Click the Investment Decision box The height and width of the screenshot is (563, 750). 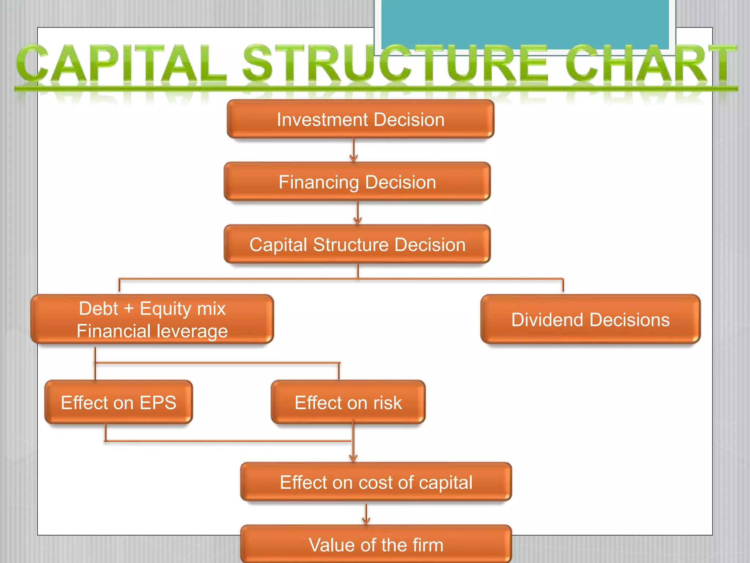click(x=360, y=119)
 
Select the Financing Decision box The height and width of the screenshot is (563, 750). click(x=357, y=182)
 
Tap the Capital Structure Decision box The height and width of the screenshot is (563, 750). click(x=357, y=244)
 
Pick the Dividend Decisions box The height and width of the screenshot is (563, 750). click(x=590, y=319)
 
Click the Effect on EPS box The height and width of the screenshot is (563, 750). click(x=118, y=402)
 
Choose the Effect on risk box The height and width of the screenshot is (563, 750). click(x=348, y=402)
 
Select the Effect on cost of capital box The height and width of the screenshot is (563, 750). click(x=376, y=482)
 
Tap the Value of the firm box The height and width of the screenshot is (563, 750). click(x=376, y=545)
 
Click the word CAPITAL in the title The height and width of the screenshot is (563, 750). click(x=121, y=63)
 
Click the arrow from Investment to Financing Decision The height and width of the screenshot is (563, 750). click(x=353, y=150)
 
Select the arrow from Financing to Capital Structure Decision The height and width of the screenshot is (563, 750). click(x=358, y=213)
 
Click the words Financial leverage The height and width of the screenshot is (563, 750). click(x=152, y=331)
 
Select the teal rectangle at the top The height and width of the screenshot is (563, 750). click(x=525, y=24)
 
